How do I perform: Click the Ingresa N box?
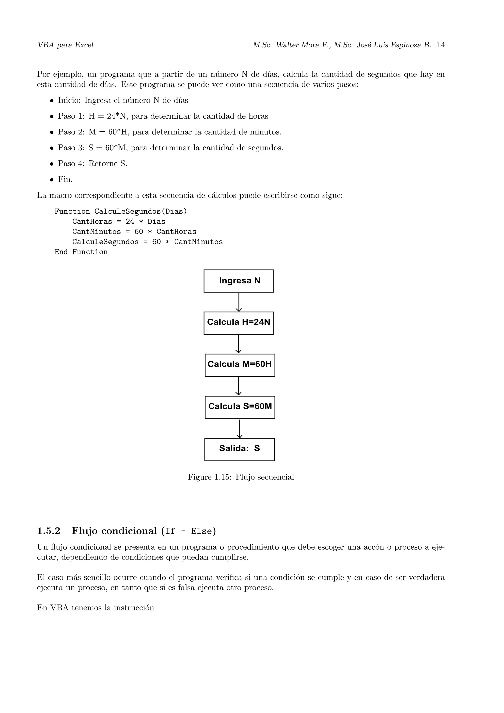click(238, 281)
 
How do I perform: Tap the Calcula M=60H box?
click(240, 365)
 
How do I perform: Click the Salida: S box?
click(239, 449)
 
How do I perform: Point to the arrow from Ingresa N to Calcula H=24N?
click(238, 302)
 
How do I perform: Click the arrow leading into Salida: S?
click(239, 428)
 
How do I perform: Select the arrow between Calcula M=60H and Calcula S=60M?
click(238, 386)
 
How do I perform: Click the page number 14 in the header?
click(441, 45)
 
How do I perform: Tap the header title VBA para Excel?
click(65, 45)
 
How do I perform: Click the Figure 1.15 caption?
click(241, 477)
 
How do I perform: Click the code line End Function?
click(81, 252)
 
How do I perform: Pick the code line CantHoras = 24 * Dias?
click(119, 221)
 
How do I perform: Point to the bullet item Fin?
click(65, 180)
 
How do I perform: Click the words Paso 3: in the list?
click(71, 148)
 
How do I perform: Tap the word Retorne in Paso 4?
click(103, 164)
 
